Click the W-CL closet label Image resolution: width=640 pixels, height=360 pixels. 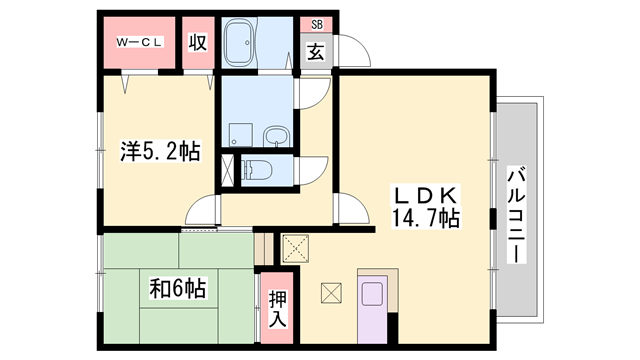pyautogui.click(x=140, y=42)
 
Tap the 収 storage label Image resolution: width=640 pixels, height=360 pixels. pyautogui.click(x=198, y=42)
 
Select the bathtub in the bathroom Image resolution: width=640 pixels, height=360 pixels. pyautogui.click(x=240, y=43)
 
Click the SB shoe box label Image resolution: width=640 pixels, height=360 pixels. pyautogui.click(x=317, y=24)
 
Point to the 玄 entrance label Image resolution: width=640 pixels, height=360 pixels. pyautogui.click(x=316, y=52)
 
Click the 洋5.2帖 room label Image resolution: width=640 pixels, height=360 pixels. pyautogui.click(x=160, y=151)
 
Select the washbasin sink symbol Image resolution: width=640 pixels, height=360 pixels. pyautogui.click(x=277, y=136)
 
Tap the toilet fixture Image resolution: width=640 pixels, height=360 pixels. pyautogui.click(x=257, y=170)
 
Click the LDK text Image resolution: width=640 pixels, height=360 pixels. pyautogui.click(x=425, y=196)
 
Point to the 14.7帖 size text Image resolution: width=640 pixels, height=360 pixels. pyautogui.click(x=425, y=218)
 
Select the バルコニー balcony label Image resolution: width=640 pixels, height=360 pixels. pyautogui.click(x=516, y=214)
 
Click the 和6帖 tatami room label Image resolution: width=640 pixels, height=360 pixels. pyautogui.click(x=178, y=288)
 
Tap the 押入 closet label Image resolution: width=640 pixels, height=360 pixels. pyautogui.click(x=278, y=309)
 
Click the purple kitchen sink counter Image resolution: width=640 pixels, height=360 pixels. pyautogui.click(x=372, y=309)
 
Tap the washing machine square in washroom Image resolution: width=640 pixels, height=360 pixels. pyautogui.click(x=240, y=135)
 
